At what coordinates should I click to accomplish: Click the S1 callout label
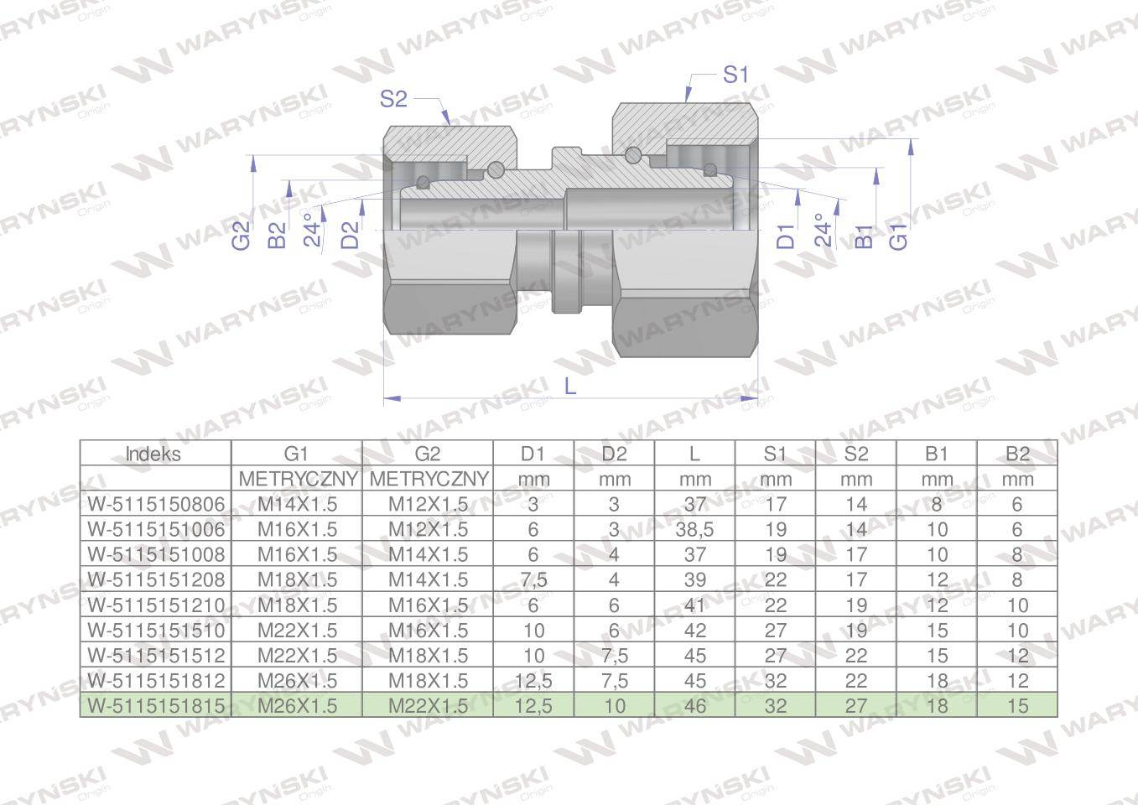click(735, 75)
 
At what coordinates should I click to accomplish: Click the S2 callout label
click(393, 99)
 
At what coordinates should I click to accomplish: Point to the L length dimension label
click(570, 387)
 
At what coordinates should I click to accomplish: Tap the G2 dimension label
click(242, 236)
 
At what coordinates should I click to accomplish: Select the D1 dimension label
click(786, 236)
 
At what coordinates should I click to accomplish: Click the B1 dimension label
click(864, 236)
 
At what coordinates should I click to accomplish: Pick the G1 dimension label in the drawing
click(898, 236)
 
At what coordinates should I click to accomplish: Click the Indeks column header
click(153, 454)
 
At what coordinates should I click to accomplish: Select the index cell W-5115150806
click(156, 504)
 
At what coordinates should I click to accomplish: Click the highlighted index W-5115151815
click(156, 705)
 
